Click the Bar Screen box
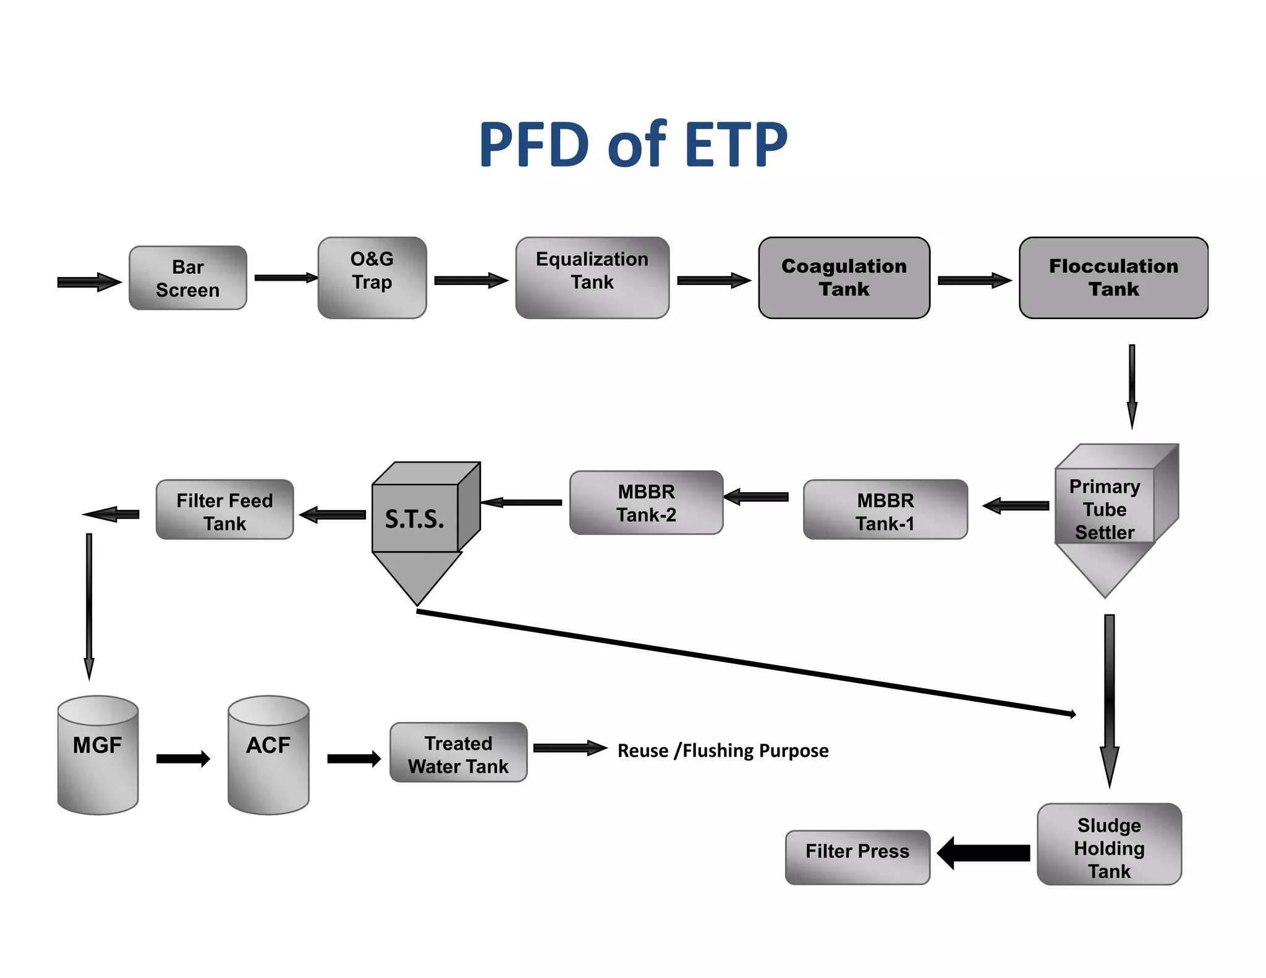(x=187, y=278)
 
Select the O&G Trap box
(x=372, y=278)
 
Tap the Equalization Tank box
(x=592, y=278)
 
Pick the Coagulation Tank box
(x=844, y=278)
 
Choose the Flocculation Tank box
(x=1113, y=278)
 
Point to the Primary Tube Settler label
(x=1105, y=509)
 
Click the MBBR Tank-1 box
(x=885, y=510)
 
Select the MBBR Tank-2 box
(x=646, y=503)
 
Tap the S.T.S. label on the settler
(x=415, y=519)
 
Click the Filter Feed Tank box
(x=224, y=510)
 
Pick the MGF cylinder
(x=98, y=755)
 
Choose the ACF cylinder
(x=268, y=755)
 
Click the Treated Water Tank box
(x=458, y=753)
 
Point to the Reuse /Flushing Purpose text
(x=723, y=751)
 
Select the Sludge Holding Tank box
(x=1109, y=845)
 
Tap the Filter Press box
(x=857, y=857)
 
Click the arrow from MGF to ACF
(x=183, y=759)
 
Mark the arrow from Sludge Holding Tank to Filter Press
(x=983, y=853)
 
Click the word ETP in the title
(x=736, y=145)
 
